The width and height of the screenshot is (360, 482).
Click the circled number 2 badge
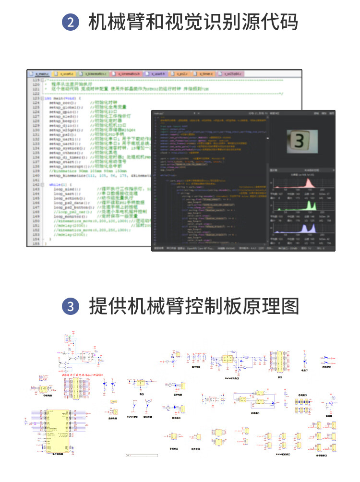70,23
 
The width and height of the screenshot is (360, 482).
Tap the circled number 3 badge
70,307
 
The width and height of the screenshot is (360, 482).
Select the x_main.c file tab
41,74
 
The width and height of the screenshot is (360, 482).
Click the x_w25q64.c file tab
231,74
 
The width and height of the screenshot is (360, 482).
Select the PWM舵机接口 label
283,454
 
